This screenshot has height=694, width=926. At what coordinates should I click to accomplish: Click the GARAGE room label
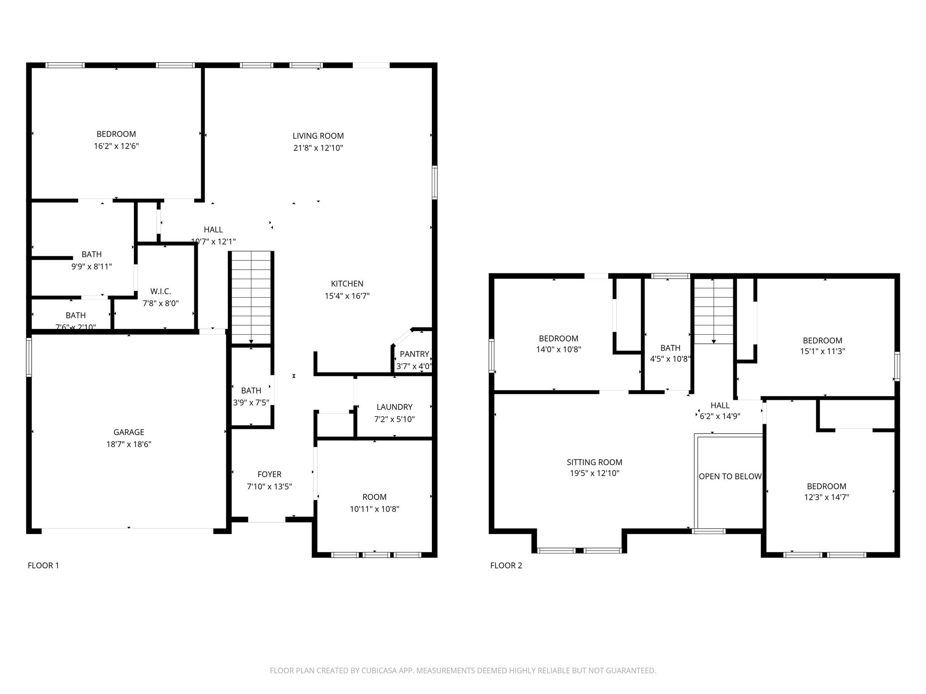pyautogui.click(x=129, y=432)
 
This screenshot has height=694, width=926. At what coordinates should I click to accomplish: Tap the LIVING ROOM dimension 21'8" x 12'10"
pyautogui.click(x=318, y=148)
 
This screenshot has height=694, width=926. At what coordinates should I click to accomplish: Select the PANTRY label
pyautogui.click(x=414, y=354)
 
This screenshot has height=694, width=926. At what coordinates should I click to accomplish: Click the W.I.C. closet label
pyautogui.click(x=161, y=291)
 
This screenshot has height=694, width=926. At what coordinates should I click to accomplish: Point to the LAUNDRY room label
pyautogui.click(x=394, y=407)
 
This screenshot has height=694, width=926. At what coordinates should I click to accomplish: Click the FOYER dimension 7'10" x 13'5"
pyautogui.click(x=269, y=487)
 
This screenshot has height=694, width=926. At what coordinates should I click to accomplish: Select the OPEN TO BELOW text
pyautogui.click(x=730, y=476)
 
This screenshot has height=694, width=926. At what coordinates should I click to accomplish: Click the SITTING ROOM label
pyautogui.click(x=594, y=462)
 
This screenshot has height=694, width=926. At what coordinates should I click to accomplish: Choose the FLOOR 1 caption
pyautogui.click(x=43, y=565)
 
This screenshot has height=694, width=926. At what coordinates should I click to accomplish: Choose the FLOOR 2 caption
pyautogui.click(x=506, y=565)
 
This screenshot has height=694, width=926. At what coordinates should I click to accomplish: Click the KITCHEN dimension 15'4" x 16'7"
pyautogui.click(x=347, y=296)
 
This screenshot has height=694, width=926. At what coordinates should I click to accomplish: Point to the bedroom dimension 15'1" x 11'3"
pyautogui.click(x=822, y=351)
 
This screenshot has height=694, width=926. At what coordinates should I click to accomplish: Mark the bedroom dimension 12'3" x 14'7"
pyautogui.click(x=827, y=497)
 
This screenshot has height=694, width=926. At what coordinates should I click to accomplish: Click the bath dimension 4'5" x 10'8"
pyautogui.click(x=670, y=359)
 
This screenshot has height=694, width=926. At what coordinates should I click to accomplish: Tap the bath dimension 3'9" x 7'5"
pyautogui.click(x=251, y=402)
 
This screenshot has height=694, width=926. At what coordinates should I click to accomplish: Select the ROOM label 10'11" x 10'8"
pyautogui.click(x=374, y=497)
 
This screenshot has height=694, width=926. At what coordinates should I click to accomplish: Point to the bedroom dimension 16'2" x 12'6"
pyautogui.click(x=116, y=146)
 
